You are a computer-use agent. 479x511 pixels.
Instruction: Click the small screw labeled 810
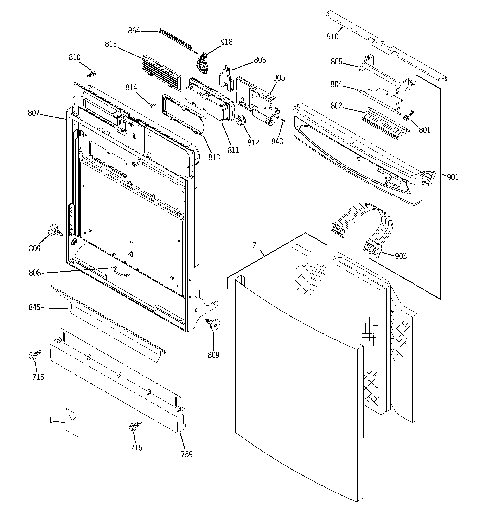91,74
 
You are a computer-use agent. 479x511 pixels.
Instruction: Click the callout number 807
33,113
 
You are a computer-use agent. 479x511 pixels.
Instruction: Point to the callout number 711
258,246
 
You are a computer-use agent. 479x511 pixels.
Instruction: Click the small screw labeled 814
153,105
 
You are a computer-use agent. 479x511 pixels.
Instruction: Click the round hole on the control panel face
358,160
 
